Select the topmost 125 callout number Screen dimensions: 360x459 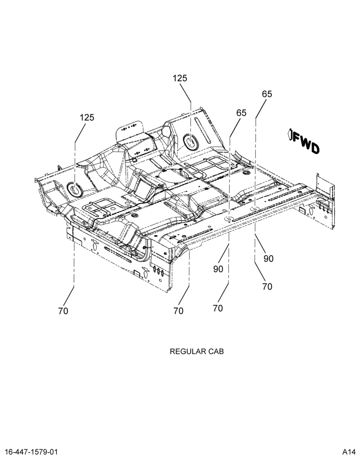coord(180,78)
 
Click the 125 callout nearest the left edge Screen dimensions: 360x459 coord(87,118)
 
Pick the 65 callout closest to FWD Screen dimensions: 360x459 coord(267,94)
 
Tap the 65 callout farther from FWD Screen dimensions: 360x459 coord(242,113)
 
